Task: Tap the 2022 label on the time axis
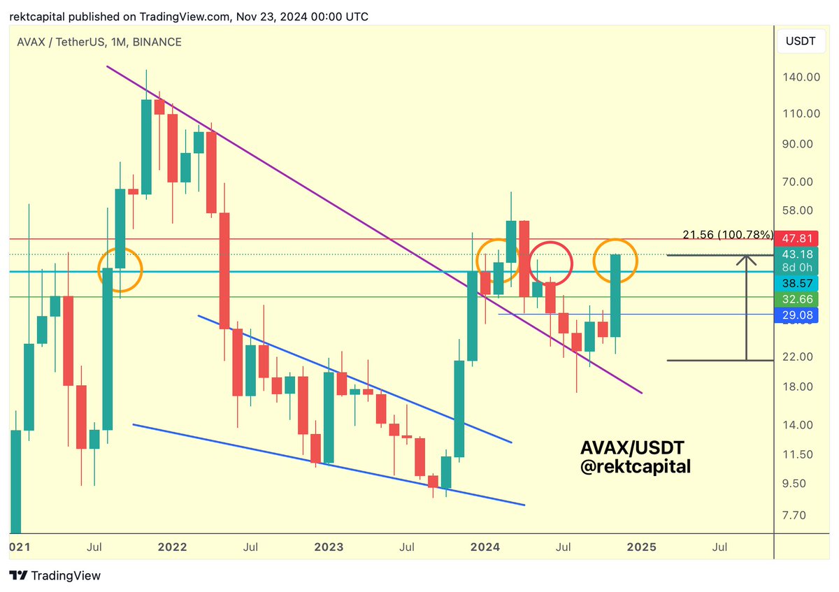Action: point(172,547)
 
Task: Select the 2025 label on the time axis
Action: point(642,547)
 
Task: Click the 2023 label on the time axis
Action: point(329,547)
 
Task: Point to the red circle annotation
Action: point(550,263)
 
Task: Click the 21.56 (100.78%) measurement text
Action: point(727,234)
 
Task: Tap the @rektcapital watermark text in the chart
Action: point(635,466)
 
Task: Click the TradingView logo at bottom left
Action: point(55,576)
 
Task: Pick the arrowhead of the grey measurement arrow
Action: point(747,260)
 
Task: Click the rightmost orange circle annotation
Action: point(615,261)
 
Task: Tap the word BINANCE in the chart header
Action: point(159,42)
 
